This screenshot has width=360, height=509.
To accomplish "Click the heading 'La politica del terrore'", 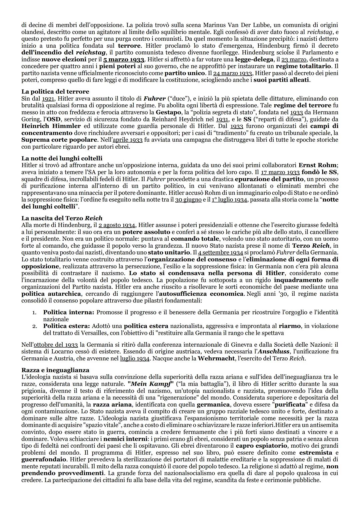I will [x=55, y=91].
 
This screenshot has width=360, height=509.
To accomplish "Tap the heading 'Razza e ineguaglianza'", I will [x=55, y=370].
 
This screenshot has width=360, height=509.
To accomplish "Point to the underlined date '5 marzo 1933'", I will [x=124, y=59].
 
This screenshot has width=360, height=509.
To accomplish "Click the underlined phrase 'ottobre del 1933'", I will [x=56, y=345].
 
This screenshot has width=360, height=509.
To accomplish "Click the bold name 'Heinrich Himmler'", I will [x=51, y=126].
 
